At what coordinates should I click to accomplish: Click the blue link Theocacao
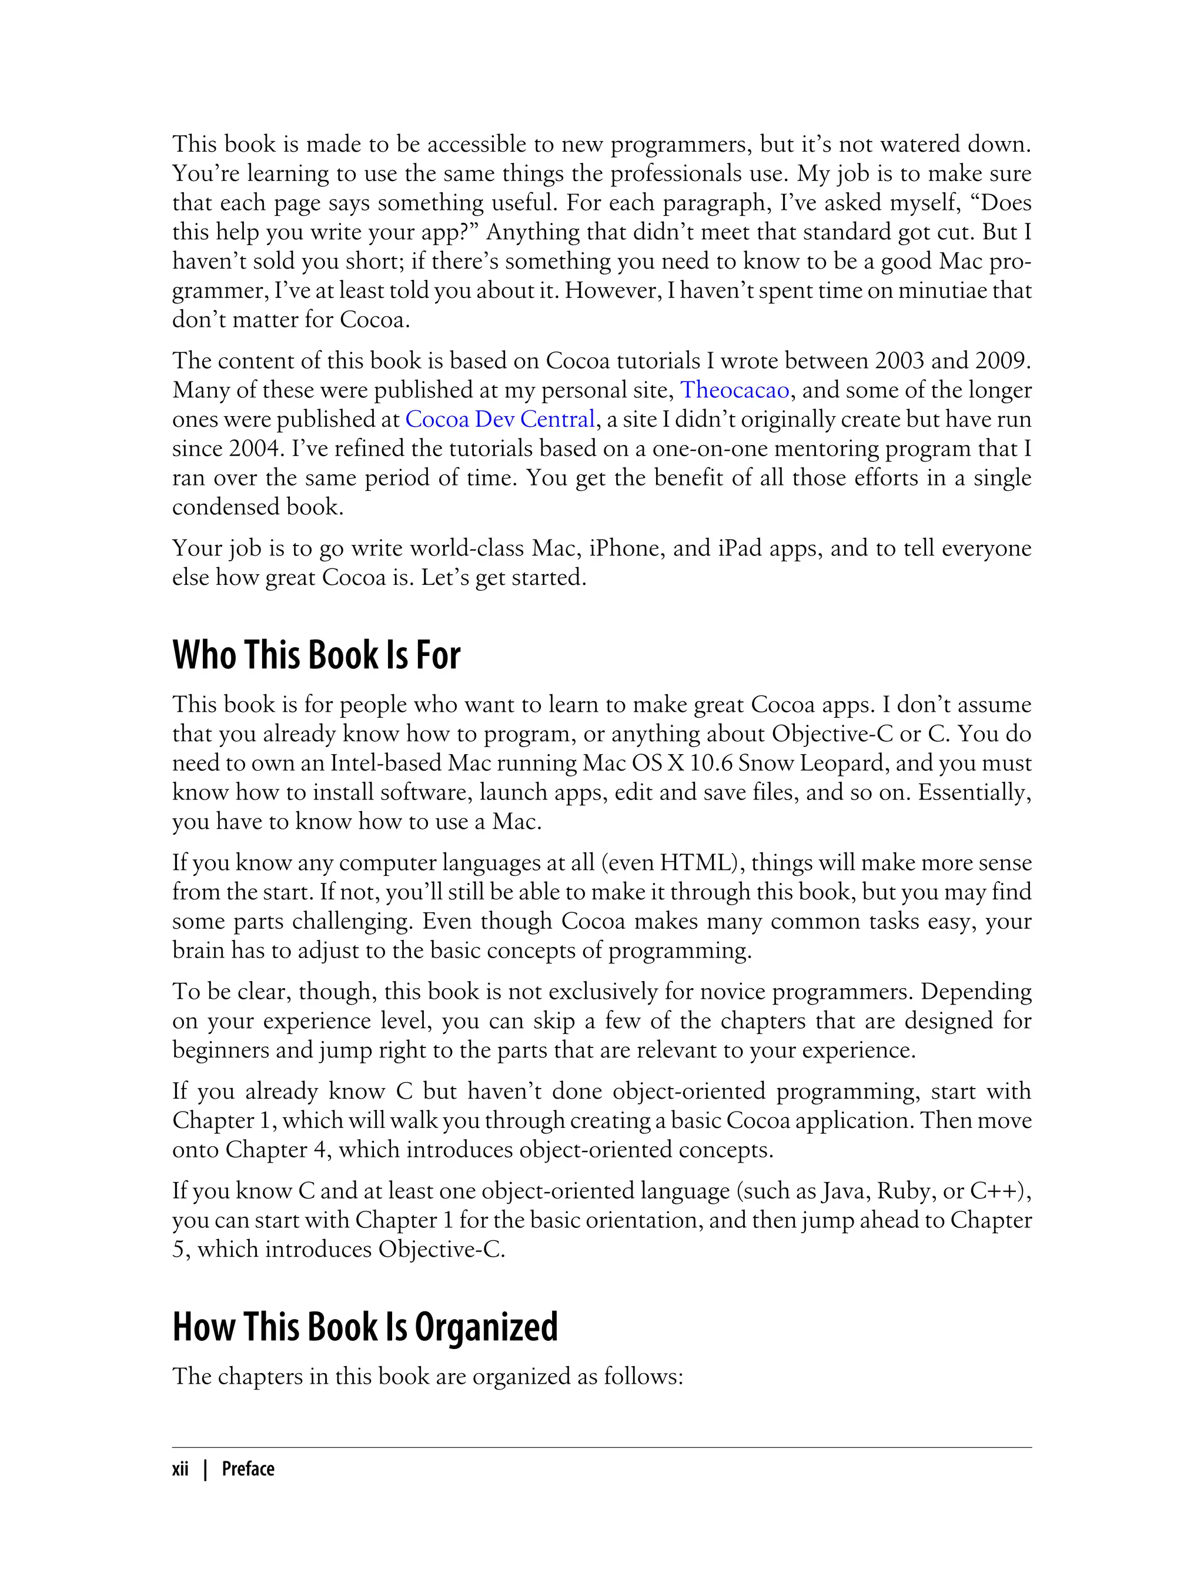735,390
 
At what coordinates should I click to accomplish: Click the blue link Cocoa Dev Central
500,419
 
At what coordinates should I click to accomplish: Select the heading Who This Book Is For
316,655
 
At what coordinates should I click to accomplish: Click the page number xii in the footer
180,1469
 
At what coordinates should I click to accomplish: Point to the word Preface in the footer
248,1469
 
